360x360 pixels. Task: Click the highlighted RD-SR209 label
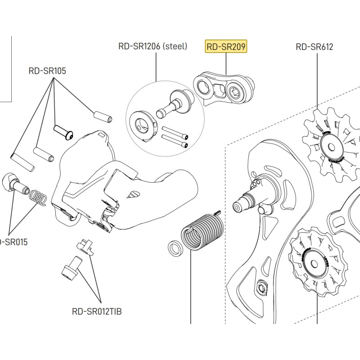[226, 46]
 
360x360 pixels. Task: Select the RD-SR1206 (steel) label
[153, 46]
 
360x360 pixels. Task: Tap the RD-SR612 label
[315, 46]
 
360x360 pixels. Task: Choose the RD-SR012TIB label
[97, 311]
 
